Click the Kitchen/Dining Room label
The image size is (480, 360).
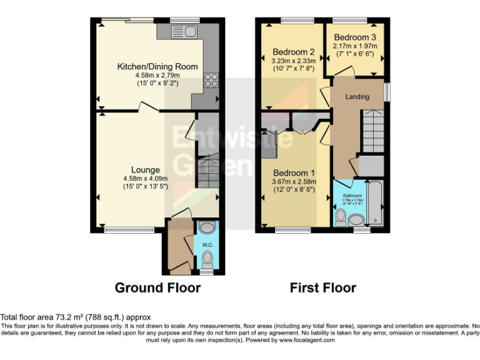(x=157, y=66)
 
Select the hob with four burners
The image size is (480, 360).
(x=209, y=81)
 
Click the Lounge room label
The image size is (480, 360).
(x=145, y=169)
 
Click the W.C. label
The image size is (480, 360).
(x=207, y=245)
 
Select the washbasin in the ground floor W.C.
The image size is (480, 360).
(x=207, y=227)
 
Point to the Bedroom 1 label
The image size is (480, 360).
(x=293, y=172)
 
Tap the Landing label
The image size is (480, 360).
(x=357, y=97)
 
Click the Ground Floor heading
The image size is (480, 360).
(x=157, y=287)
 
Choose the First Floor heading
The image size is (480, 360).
(x=322, y=287)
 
